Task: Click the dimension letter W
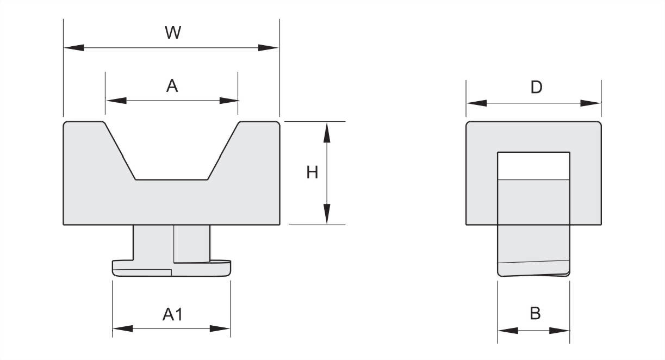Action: coord(173,33)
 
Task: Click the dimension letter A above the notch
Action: coord(172,86)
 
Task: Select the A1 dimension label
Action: coord(173,314)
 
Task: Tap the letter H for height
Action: coord(312,172)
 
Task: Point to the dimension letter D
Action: coord(536,88)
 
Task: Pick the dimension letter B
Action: coord(535,313)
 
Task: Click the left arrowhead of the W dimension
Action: coord(74,47)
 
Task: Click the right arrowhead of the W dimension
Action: coord(268,47)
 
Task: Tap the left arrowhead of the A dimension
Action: coord(116,101)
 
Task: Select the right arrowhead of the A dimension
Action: coord(229,101)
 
